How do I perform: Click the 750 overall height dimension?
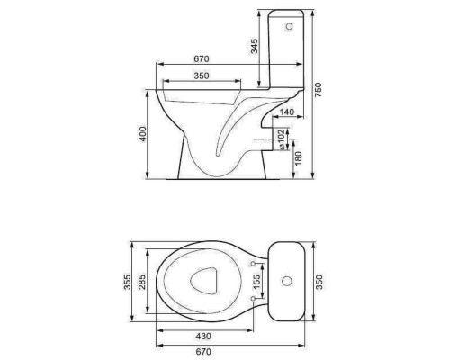(318, 90)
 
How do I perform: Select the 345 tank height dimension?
(254, 46)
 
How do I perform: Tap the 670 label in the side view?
(202, 58)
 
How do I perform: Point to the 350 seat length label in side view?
(202, 76)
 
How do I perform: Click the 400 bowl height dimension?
(143, 134)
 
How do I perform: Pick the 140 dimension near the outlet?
(286, 112)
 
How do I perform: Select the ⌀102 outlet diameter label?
(282, 139)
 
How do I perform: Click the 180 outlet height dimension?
(299, 158)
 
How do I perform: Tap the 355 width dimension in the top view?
(128, 282)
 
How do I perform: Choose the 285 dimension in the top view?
(142, 282)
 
